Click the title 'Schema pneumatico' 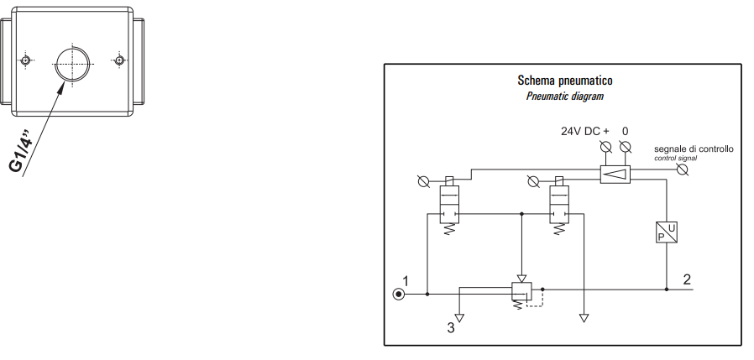click(x=563, y=81)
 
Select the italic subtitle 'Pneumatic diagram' click(x=564, y=97)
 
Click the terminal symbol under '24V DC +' click(x=606, y=148)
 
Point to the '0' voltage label click(x=625, y=132)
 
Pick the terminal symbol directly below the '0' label click(x=625, y=148)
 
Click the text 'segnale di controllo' click(x=694, y=149)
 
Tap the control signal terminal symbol click(x=683, y=170)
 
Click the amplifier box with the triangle click(x=615, y=174)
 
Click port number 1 click(x=405, y=280)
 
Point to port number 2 click(x=687, y=279)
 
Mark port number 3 click(x=451, y=328)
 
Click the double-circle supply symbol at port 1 click(x=400, y=294)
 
